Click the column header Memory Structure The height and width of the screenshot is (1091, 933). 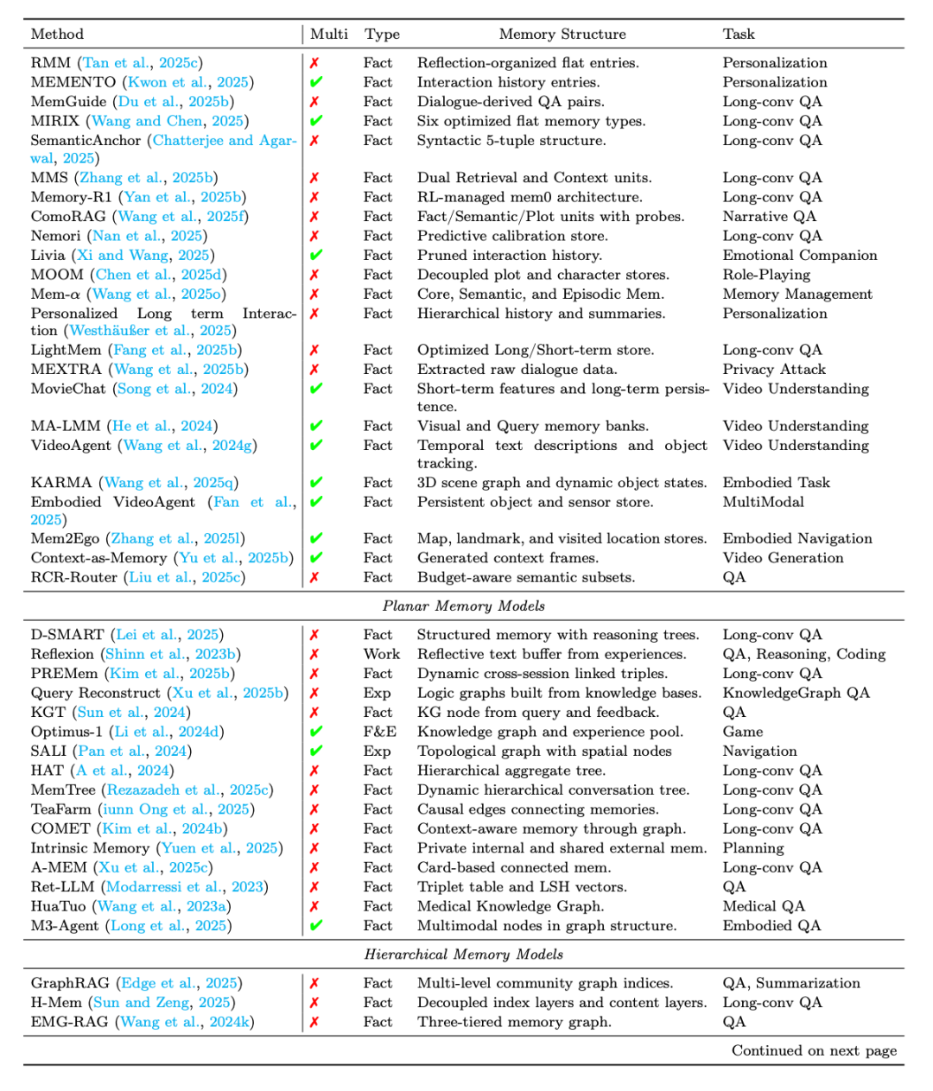562,35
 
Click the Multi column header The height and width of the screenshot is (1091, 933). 329,35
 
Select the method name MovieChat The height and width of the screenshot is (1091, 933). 68,389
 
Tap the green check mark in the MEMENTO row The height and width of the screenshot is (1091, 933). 315,83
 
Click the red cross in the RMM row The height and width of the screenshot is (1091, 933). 314,63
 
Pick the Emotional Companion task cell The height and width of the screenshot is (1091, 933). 799,256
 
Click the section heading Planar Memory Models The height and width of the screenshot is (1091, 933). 463,606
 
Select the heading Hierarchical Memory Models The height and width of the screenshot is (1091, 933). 463,955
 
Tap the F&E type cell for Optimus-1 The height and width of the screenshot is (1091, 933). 379,732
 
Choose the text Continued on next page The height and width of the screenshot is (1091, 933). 814,1050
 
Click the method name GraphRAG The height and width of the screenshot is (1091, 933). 70,983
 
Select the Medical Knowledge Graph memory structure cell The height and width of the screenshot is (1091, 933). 510,906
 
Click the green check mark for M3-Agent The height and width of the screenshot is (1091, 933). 315,926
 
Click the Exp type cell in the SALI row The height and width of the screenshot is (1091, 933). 377,752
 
